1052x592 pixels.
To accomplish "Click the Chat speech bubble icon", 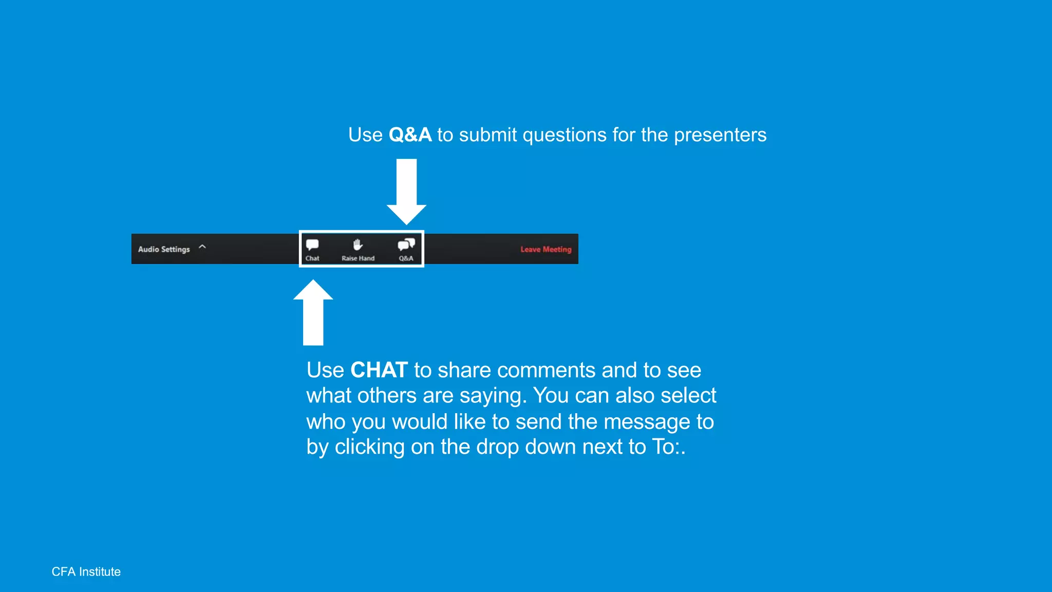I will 312,245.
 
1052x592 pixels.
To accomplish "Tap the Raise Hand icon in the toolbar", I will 358,245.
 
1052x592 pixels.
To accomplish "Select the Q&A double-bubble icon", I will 406,244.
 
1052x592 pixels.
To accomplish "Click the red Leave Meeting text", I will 546,249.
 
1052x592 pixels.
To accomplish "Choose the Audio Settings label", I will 164,249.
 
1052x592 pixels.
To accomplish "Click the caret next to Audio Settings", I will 202,247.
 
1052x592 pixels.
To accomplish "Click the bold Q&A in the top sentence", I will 410,135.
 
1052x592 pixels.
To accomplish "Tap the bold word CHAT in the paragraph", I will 379,370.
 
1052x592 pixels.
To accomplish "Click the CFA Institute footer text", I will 86,571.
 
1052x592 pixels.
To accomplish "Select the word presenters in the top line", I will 720,135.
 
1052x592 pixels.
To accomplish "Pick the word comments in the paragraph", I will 547,370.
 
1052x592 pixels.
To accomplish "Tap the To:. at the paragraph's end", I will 669,447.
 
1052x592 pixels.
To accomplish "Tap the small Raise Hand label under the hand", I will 358,258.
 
